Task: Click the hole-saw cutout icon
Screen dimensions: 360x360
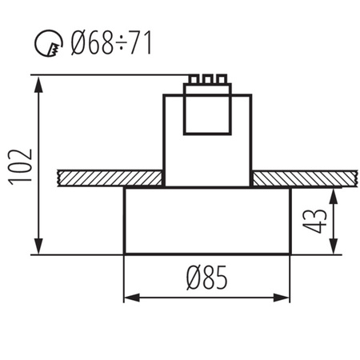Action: pos(49,43)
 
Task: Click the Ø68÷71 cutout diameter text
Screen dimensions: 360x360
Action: pos(111,43)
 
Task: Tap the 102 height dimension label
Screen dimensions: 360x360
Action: pos(21,167)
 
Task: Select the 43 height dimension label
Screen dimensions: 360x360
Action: pos(314,221)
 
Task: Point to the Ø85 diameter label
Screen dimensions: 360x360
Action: pos(207,278)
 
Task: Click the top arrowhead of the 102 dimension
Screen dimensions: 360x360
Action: pos(39,84)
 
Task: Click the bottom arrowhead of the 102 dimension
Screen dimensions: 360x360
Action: pos(39,246)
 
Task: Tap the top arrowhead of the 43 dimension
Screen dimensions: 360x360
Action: pos(334,196)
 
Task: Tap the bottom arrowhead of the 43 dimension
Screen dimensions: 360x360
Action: pos(334,246)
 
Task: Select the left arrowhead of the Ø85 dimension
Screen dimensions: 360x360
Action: pos(132,298)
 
